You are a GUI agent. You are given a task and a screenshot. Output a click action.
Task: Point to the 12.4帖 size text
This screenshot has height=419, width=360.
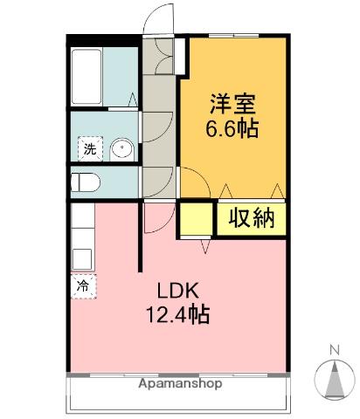tap(178, 315)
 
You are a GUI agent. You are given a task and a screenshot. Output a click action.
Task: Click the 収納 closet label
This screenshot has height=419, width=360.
tap(253, 217)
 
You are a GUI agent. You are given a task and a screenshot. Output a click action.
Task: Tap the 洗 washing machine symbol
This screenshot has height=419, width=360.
tap(89, 148)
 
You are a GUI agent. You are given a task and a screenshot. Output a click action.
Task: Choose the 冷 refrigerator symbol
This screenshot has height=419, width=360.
tap(83, 285)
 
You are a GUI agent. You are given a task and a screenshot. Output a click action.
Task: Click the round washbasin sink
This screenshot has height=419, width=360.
tap(121, 149)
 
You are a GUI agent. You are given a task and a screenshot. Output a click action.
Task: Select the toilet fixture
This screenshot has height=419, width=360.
tap(87, 182)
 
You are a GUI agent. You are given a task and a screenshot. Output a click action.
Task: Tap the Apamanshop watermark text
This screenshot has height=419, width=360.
tap(178, 383)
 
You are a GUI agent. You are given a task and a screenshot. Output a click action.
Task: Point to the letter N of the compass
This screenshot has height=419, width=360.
tap(333, 351)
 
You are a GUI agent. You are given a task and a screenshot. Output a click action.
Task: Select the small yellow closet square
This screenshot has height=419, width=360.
tap(196, 218)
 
